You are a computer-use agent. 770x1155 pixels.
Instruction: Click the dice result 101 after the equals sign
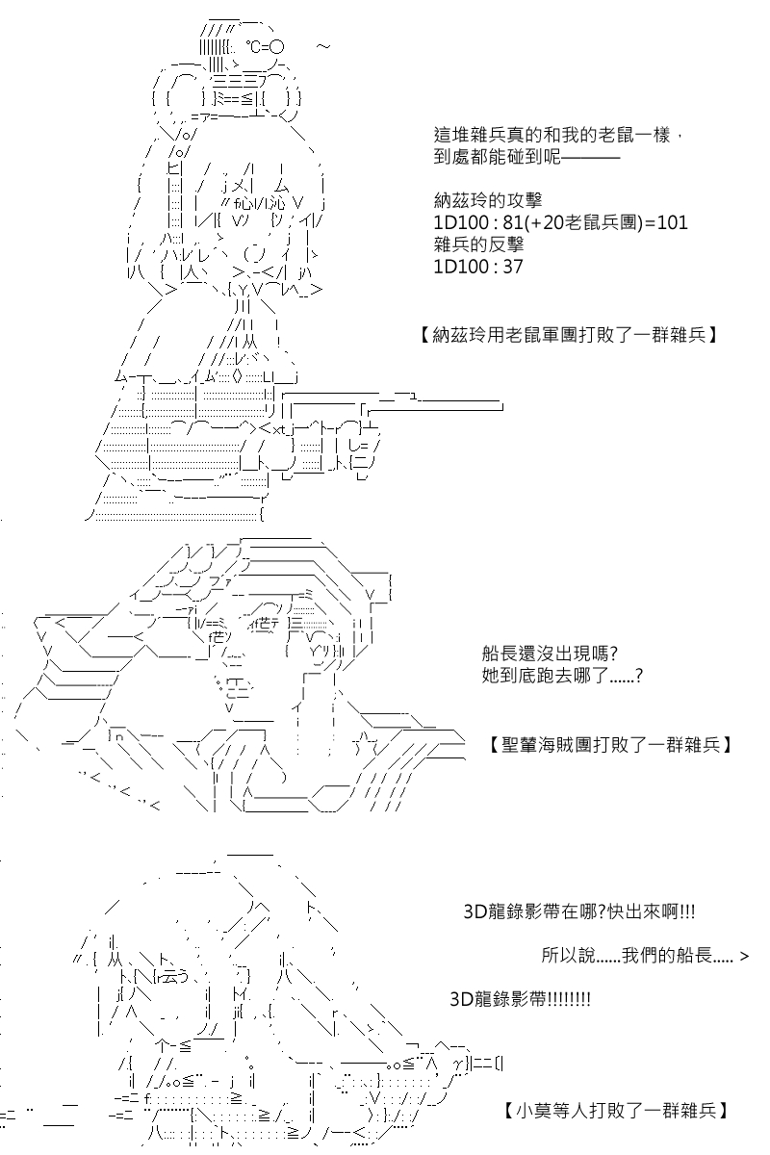pos(672,222)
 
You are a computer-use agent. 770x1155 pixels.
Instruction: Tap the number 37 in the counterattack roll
pos(512,267)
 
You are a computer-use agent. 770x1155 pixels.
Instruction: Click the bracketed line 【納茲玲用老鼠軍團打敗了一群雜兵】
pos(567,336)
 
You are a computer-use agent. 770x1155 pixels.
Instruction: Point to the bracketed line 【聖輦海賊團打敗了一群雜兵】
pos(609,745)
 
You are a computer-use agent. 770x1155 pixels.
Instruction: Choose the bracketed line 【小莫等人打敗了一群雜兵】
pos(615,1110)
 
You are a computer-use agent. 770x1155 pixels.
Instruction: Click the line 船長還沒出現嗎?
pos(550,654)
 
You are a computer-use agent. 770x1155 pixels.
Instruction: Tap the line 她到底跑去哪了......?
pos(562,675)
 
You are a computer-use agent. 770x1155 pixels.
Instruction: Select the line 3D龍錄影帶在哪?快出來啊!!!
pos(579,912)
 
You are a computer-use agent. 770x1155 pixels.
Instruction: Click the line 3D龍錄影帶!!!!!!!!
pos(520,999)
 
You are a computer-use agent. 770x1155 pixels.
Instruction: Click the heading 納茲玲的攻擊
pos(488,200)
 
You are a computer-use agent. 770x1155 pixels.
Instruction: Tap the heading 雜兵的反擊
pos(478,244)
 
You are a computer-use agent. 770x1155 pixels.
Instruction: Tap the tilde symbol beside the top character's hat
pos(322,47)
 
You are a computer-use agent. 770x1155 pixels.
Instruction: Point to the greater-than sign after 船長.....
pos(744,957)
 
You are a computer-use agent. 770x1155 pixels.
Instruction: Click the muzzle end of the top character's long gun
pos(501,407)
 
